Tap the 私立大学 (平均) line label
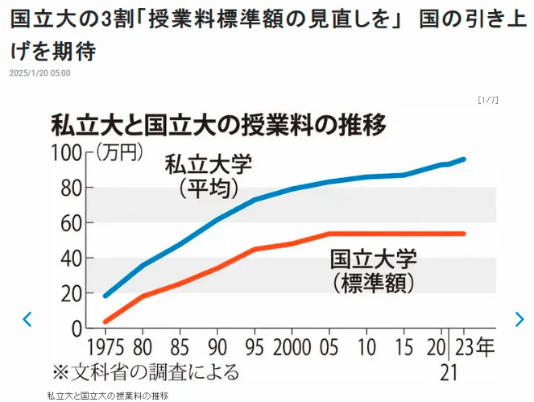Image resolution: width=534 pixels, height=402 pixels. point(209,176)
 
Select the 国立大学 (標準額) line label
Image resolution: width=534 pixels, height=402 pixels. point(373,271)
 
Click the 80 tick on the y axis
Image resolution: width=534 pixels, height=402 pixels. point(71,188)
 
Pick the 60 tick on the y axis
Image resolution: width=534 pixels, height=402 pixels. point(71,223)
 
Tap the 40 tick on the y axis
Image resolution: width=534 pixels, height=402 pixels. point(71,259)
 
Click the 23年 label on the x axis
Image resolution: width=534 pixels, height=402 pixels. point(476,348)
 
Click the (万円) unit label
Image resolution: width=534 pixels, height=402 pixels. point(118,151)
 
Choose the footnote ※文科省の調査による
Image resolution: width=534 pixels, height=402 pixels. point(146,371)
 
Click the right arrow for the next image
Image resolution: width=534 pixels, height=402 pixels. point(519,319)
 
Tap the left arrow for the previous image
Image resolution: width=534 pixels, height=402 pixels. point(27,319)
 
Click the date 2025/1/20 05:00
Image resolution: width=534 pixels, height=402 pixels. point(40,73)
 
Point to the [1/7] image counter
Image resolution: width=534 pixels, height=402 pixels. point(487,100)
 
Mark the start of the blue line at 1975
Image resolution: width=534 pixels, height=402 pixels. point(106,296)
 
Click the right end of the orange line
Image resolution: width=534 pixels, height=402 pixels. point(465,234)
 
